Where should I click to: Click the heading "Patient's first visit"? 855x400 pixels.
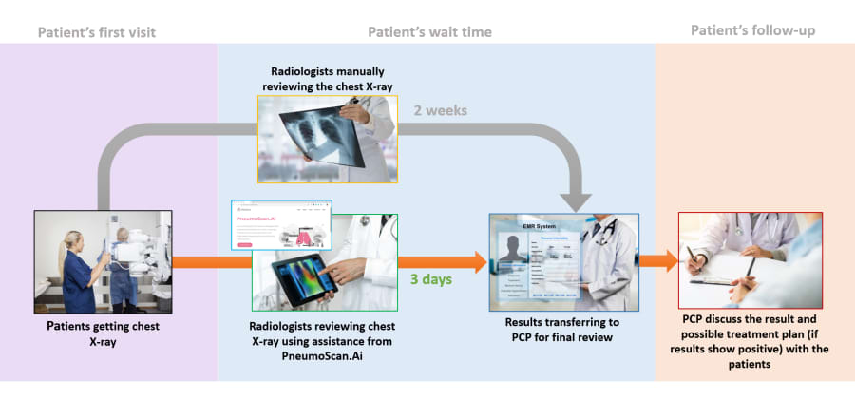(x=97, y=32)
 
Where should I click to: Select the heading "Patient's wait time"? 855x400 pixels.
(x=429, y=32)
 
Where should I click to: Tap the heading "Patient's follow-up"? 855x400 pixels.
(x=752, y=30)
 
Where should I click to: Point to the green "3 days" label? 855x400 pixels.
(x=430, y=280)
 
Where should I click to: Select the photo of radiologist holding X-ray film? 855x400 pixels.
(x=328, y=139)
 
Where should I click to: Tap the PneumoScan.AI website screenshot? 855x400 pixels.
(x=281, y=226)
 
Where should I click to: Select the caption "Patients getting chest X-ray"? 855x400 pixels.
(x=103, y=333)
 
